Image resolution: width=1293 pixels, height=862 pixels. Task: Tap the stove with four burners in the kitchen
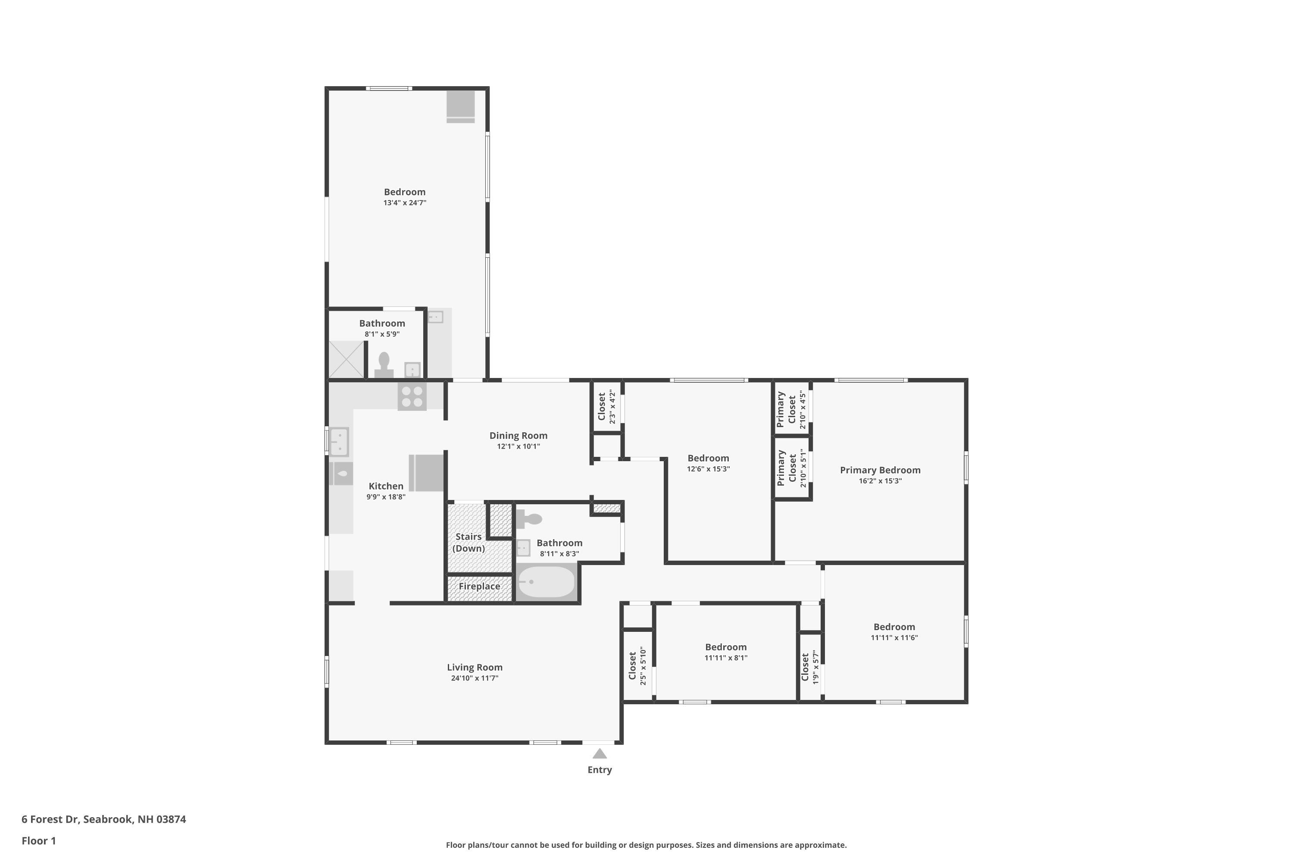pyautogui.click(x=412, y=397)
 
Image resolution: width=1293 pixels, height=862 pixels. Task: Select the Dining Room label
pyautogui.click(x=518, y=435)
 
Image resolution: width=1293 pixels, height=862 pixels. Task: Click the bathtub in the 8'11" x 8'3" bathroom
pyautogui.click(x=547, y=581)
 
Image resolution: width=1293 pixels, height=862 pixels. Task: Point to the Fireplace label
pyautogui.click(x=479, y=586)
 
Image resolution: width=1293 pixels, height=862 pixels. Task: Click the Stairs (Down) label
pyautogui.click(x=468, y=542)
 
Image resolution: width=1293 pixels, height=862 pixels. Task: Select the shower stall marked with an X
pyautogui.click(x=347, y=359)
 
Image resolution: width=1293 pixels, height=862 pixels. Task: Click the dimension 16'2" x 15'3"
pyautogui.click(x=880, y=481)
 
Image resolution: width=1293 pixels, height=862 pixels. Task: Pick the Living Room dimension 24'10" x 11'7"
pyautogui.click(x=475, y=678)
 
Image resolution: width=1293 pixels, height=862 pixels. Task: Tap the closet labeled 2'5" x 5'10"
pyautogui.click(x=638, y=666)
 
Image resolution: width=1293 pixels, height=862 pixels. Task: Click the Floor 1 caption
pyautogui.click(x=38, y=840)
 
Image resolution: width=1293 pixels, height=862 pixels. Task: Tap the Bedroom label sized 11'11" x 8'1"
pyautogui.click(x=726, y=647)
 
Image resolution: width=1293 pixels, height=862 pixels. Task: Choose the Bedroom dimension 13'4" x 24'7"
pyautogui.click(x=405, y=203)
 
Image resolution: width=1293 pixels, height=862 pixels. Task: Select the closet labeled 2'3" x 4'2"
pyautogui.click(x=606, y=406)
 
